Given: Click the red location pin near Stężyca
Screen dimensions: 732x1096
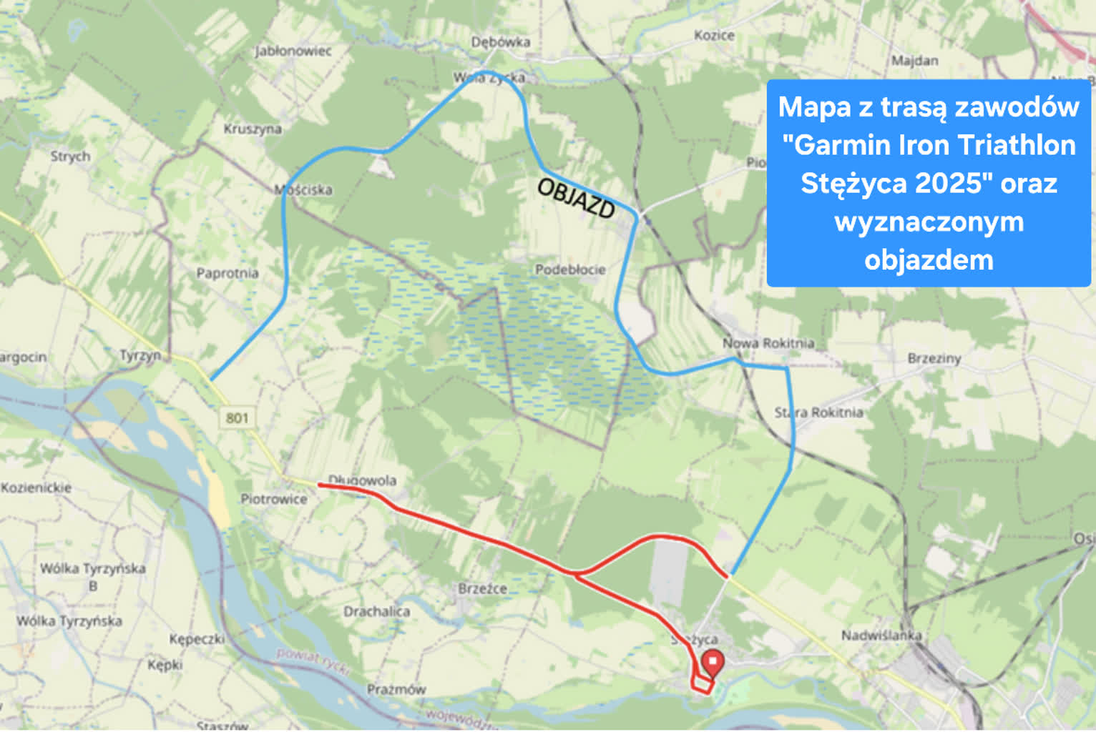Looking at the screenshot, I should (712, 663).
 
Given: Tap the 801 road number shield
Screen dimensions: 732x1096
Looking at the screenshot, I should (237, 417).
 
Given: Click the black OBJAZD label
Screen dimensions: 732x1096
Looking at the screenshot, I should (576, 198).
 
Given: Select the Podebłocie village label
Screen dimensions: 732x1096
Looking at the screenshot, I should (570, 269).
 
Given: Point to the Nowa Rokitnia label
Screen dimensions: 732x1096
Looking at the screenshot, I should (768, 343).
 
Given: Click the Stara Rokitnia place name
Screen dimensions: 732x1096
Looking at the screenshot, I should (818, 412).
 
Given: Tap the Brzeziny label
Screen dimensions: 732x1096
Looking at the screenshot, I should (934, 358).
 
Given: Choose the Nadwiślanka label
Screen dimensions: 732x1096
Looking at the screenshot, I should (881, 635).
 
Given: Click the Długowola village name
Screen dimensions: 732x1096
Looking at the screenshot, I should (362, 480).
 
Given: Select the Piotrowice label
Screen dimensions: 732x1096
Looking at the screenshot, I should (273, 499).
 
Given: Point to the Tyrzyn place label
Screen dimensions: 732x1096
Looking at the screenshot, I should (140, 355).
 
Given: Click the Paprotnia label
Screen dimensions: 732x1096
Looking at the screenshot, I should (227, 273).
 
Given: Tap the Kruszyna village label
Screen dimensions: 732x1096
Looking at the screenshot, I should (253, 129).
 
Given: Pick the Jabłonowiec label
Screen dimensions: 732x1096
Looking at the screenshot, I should (293, 51).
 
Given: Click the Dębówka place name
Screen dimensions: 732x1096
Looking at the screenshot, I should (501, 42).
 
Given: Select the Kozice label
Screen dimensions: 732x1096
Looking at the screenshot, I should (714, 35).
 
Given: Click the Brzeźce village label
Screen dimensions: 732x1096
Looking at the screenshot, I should (482, 588).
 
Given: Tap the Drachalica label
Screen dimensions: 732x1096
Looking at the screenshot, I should (376, 611).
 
